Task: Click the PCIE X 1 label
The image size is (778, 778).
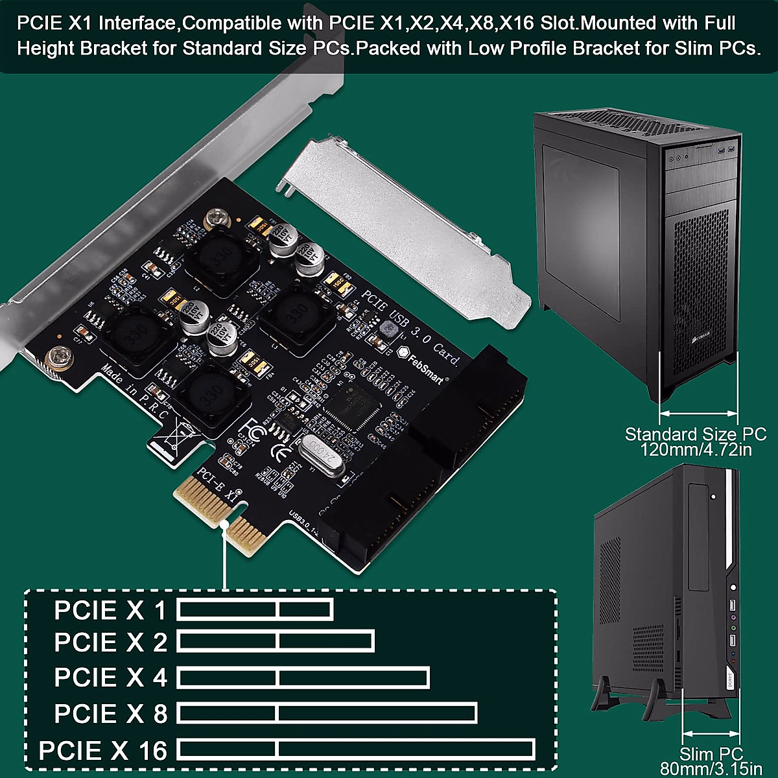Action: coord(110,610)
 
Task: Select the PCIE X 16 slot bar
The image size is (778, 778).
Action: coord(356,749)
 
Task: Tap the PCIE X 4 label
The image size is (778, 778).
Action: coord(110,678)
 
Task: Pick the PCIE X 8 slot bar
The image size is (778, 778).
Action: coord(327,713)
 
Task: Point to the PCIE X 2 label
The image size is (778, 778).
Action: coord(110,642)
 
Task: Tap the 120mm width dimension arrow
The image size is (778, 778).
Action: coord(698,412)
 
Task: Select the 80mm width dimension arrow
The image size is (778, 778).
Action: coord(711,734)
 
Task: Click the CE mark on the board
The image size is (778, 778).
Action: coord(279,453)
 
